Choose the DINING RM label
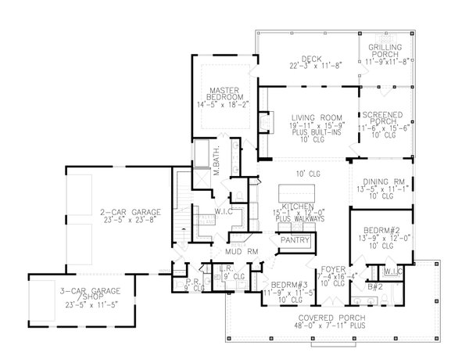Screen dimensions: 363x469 (x=381, y=180)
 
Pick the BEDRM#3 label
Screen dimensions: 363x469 (x=272, y=284)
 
